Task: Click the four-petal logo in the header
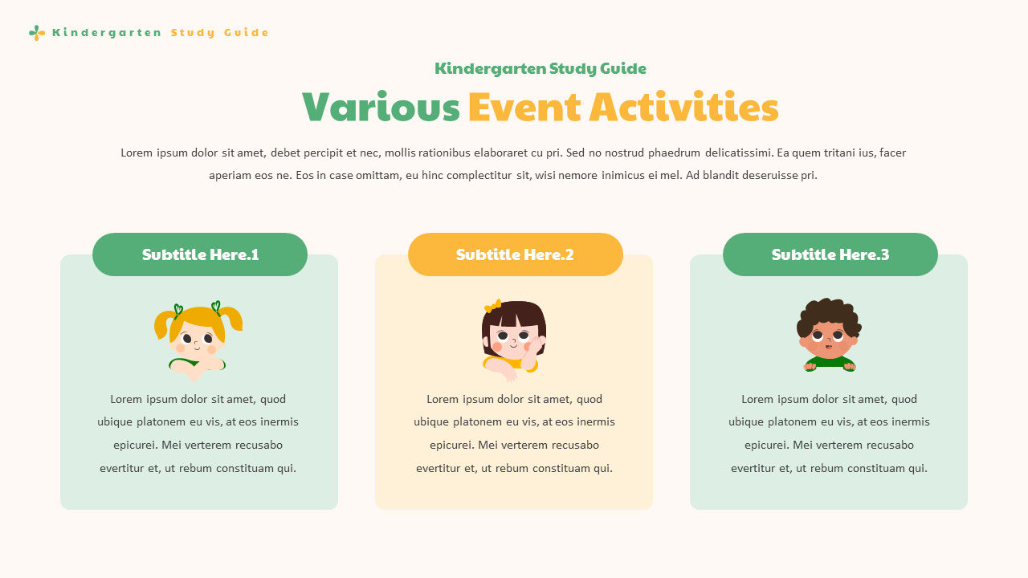[x=36, y=33]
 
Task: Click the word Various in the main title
[x=381, y=108]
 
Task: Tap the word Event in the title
[x=524, y=108]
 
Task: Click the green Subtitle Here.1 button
[x=200, y=254]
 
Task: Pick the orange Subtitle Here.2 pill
[x=515, y=254]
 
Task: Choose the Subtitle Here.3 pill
[x=830, y=254]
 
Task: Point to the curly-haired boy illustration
[x=829, y=336]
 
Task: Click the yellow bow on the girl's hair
[x=492, y=306]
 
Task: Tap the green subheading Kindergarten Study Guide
[x=540, y=69]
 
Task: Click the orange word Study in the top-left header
[x=193, y=33]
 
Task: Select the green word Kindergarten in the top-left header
[x=107, y=33]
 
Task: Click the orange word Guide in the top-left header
[x=247, y=33]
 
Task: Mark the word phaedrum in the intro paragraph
[x=674, y=153]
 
